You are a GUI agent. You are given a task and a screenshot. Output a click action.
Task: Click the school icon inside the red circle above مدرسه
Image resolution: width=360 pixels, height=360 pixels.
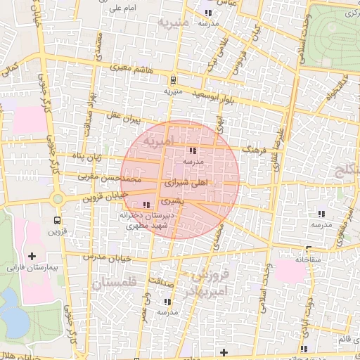click(193, 150)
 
